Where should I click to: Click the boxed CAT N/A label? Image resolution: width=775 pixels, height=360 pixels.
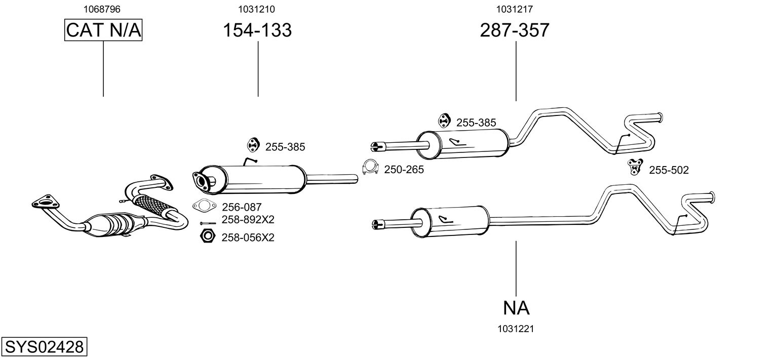tap(103, 30)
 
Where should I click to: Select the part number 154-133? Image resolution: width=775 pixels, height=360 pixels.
tap(257, 30)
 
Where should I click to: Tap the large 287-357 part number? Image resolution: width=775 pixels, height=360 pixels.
tap(514, 30)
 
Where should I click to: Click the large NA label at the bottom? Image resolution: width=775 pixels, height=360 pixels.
tap(516, 307)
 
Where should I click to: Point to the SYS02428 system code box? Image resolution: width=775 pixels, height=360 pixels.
tap(44, 347)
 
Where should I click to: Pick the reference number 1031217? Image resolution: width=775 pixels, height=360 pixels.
tap(514, 9)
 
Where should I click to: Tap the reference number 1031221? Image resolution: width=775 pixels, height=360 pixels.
tap(516, 329)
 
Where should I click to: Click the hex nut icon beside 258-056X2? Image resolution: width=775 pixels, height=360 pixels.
tap(207, 236)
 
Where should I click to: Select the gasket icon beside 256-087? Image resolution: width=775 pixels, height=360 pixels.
tap(204, 206)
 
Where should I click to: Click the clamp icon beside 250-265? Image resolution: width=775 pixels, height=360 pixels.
tap(371, 168)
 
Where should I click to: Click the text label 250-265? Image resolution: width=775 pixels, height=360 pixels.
tap(404, 170)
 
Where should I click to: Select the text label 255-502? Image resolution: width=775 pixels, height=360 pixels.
tap(669, 171)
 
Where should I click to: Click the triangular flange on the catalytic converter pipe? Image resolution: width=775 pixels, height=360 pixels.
tap(45, 201)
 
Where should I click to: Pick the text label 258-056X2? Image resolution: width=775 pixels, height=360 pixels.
tap(248, 237)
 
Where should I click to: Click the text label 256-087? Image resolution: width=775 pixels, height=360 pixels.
tap(242, 207)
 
